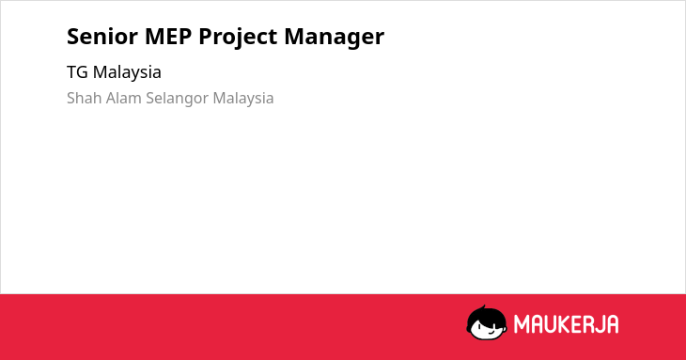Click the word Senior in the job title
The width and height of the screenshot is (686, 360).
102,36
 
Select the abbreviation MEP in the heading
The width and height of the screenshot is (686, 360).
168,36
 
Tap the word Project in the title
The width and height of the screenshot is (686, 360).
238,38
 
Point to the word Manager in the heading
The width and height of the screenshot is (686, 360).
335,38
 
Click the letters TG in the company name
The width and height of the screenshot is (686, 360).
77,72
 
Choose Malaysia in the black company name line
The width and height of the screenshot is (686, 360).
127,73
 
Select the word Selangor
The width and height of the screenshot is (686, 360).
178,99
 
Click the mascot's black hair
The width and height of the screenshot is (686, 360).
486,316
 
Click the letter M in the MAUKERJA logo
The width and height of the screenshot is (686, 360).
522,324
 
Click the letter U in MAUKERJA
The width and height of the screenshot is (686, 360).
550,324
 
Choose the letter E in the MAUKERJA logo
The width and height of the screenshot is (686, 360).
576,324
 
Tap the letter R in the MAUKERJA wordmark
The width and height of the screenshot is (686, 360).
588,324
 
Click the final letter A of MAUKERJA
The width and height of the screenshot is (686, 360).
613,324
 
